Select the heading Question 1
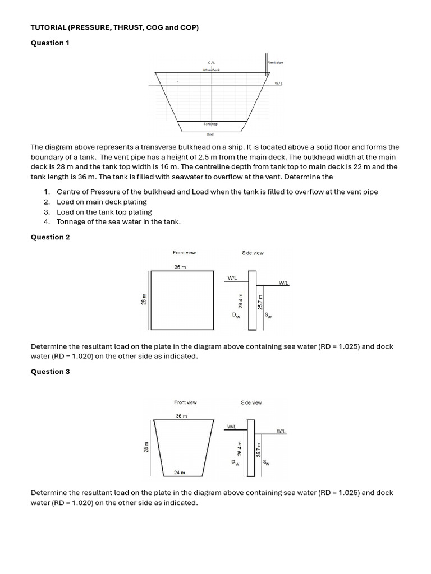coord(50,43)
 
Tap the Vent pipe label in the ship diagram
coord(276,63)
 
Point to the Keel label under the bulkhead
coord(210,134)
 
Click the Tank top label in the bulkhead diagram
coord(211,124)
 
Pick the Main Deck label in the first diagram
coord(212,70)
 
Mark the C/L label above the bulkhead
coord(211,62)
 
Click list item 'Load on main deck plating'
coord(102,202)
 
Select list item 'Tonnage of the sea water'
coord(118,222)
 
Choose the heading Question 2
coord(50,237)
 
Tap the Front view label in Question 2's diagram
coord(184,253)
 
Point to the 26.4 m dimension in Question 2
coord(241,301)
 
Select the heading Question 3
coord(50,372)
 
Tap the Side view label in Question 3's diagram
coord(251,402)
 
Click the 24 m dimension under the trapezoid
coord(179,473)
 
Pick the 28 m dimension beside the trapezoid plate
coord(146,447)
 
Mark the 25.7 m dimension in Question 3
coord(259,449)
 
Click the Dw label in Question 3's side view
coord(235,463)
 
